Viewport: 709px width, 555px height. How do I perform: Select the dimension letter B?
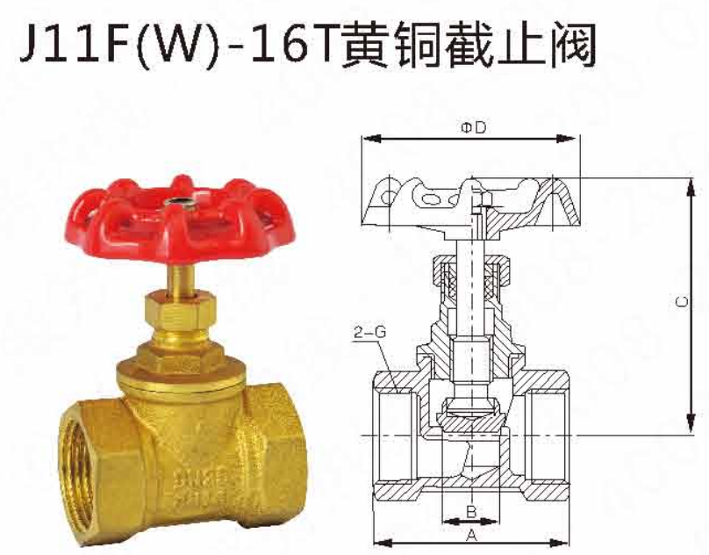pos(470,511)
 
